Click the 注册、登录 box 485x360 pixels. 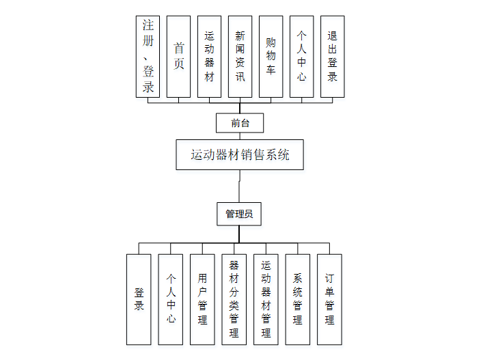tap(148, 57)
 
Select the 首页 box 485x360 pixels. tap(178, 57)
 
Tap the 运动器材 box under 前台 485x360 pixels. tap(209, 57)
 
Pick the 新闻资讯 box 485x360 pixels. tap(240, 57)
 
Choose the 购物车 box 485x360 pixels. tap(271, 57)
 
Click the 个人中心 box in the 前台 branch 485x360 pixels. tap(301, 57)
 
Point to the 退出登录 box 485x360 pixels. tap(332, 57)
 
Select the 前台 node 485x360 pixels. tap(239, 123)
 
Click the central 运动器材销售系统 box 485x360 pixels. tap(239, 155)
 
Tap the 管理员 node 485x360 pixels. tap(239, 214)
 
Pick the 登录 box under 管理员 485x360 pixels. tap(139, 299)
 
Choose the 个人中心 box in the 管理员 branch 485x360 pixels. tap(171, 299)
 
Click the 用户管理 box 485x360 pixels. tap(202, 299)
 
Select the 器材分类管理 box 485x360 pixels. tap(234, 299)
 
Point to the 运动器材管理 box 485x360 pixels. tap(266, 299)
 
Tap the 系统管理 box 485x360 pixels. tap(297, 299)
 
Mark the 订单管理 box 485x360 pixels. tap(329, 299)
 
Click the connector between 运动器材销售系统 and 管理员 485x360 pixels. tap(239, 186)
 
